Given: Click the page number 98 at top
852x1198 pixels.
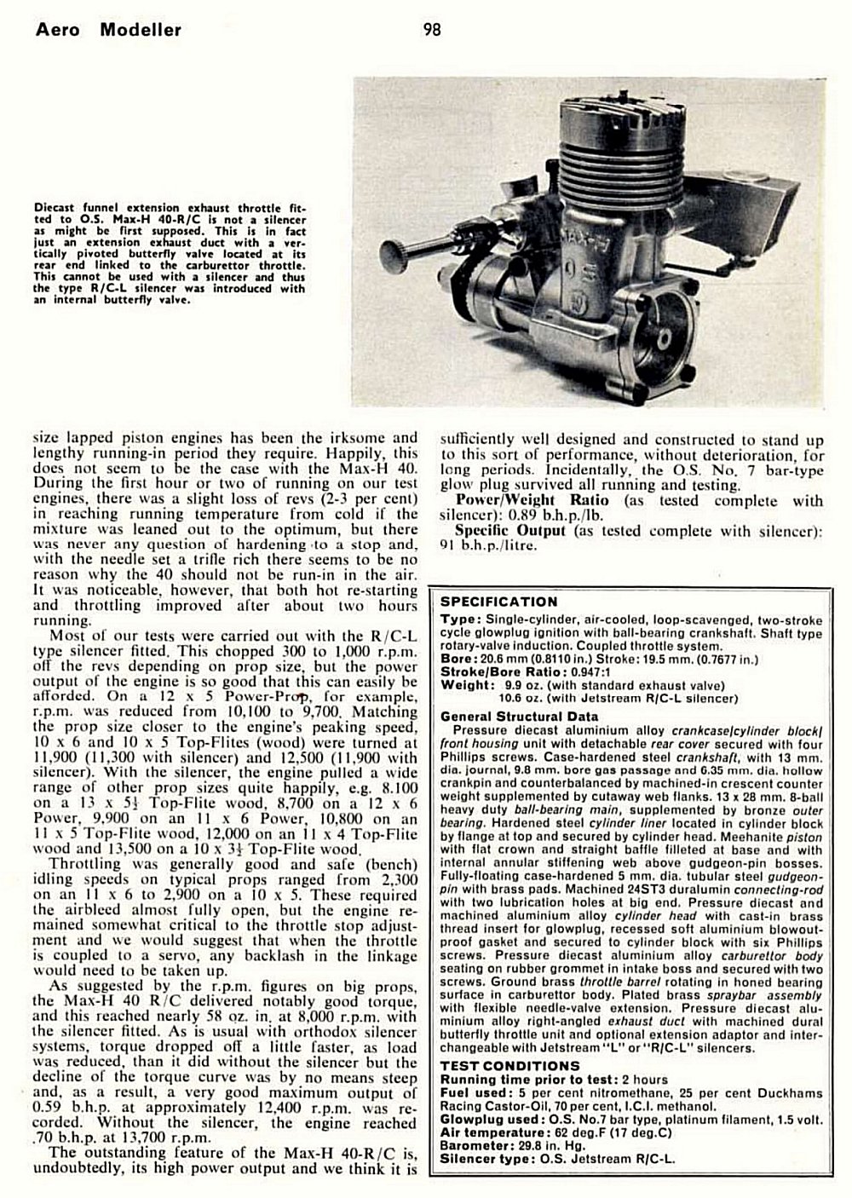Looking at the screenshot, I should (x=432, y=31).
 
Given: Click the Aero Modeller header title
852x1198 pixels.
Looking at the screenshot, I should (x=109, y=31).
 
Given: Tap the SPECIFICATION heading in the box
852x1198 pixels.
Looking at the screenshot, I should (x=498, y=602).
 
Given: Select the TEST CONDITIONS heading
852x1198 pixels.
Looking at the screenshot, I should (x=509, y=1066).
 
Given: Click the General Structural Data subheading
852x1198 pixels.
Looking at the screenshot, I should (x=519, y=717).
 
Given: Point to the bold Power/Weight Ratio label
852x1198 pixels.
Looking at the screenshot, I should (x=530, y=500).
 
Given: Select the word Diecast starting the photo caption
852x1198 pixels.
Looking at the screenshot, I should (x=57, y=207).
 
